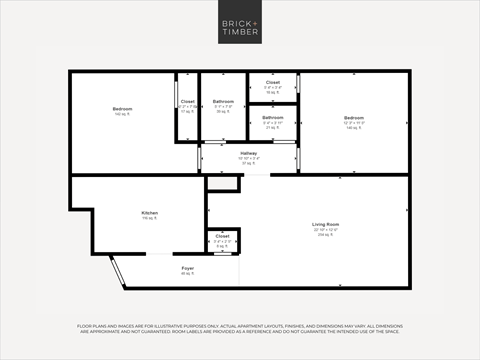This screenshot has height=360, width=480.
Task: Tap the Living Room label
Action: [326, 225]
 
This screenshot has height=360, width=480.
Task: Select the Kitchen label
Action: [150, 213]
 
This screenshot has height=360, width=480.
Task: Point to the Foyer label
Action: [187, 268]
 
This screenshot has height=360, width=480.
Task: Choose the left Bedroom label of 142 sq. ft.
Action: [121, 108]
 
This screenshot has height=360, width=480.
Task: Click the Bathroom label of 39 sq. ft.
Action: [223, 102]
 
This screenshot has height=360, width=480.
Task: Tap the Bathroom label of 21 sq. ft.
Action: [273, 118]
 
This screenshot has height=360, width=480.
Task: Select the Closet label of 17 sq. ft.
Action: [187, 102]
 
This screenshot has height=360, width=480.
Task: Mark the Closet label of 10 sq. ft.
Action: [273, 83]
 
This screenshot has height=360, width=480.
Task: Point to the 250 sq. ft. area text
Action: [326, 236]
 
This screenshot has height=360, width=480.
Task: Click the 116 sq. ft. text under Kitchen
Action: [150, 218]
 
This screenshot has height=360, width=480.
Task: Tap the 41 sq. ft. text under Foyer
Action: [187, 273]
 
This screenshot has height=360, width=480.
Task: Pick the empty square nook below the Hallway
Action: [223, 183]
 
